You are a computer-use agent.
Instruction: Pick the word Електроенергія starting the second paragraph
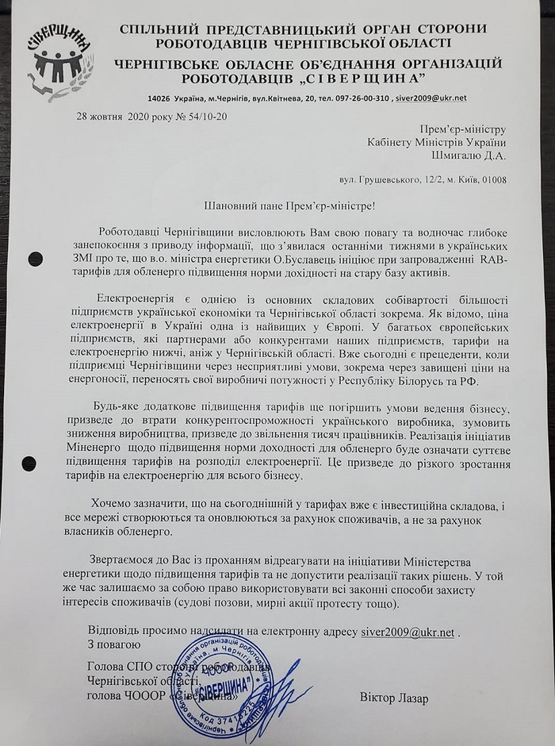point(133,297)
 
